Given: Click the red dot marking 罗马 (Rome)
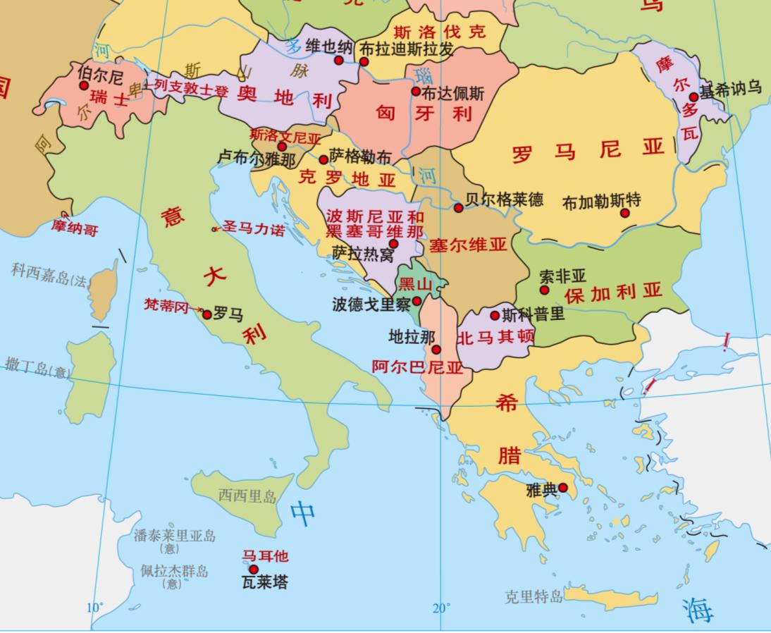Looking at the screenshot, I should [x=207, y=314].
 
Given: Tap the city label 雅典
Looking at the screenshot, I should [x=541, y=489].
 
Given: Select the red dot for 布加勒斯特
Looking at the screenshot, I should [x=625, y=212].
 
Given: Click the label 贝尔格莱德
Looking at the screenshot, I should [x=505, y=199].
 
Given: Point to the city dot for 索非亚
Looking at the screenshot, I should [x=544, y=290].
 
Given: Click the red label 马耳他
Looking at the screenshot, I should [x=266, y=555].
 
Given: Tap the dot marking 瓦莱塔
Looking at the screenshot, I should [x=254, y=570].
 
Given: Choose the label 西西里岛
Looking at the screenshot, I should [x=247, y=496].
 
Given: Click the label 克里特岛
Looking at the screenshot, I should [x=533, y=597].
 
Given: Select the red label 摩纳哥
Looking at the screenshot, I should [x=75, y=229].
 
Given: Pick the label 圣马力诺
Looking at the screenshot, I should [x=254, y=228].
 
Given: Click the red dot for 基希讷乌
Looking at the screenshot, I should [x=693, y=97].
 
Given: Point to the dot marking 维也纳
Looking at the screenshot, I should [x=339, y=61].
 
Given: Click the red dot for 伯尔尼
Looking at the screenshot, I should [x=84, y=85].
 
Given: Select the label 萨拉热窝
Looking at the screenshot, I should [x=363, y=254].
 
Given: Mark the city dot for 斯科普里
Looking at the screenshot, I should [x=495, y=315].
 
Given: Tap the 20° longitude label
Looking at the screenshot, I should [x=441, y=608].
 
